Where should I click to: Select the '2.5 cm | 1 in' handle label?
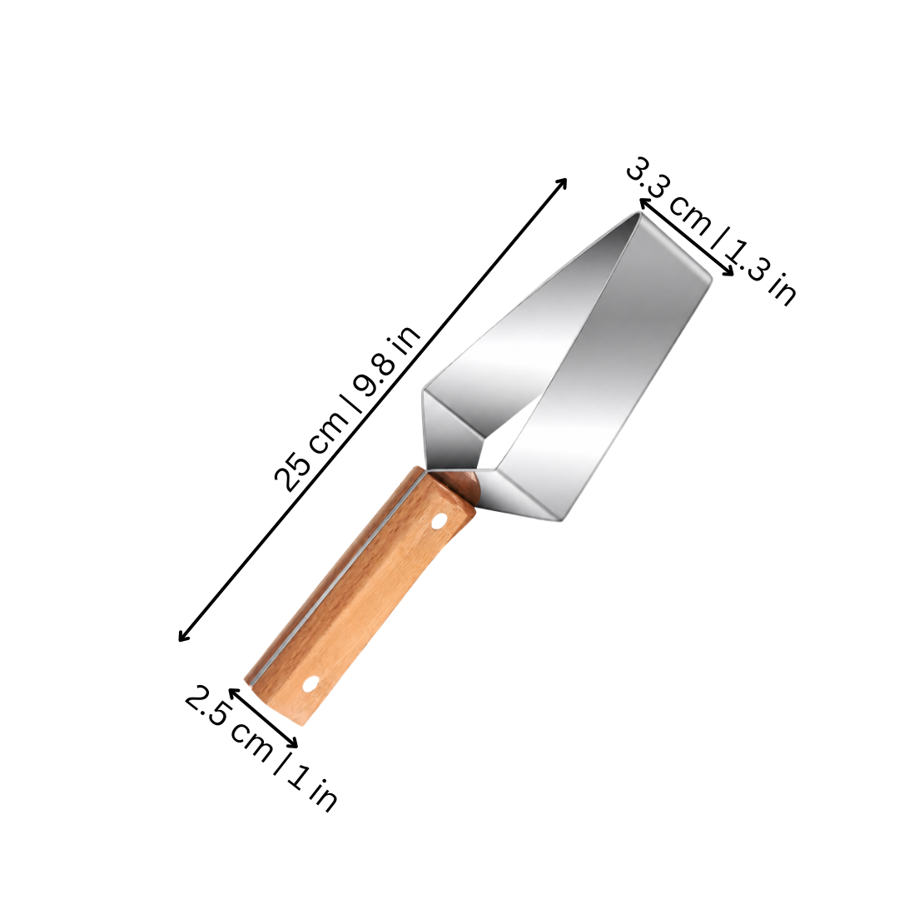[x=261, y=748]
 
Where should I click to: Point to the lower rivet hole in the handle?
[x=311, y=683]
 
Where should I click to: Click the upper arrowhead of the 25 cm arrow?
[x=563, y=182]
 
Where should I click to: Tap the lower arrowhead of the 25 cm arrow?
[x=183, y=637]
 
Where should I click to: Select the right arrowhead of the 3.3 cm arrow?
[x=728, y=271]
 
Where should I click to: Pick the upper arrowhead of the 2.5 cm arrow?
[x=233, y=693]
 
